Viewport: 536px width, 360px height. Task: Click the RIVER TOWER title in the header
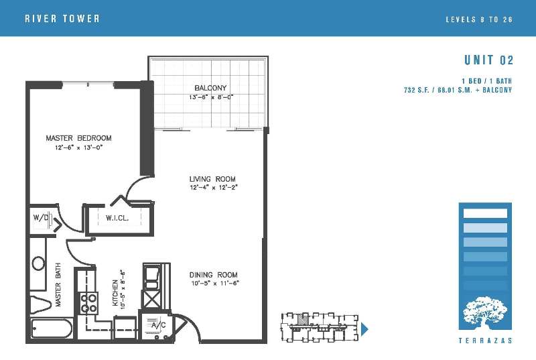[62, 19]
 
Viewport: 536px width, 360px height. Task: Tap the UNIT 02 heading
[489, 60]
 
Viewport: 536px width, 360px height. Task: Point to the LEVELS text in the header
[461, 19]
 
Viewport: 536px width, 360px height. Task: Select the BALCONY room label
[210, 88]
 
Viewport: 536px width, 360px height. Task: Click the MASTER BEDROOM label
[78, 138]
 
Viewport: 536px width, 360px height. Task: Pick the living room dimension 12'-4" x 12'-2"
[214, 187]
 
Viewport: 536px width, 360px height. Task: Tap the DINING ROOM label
[213, 275]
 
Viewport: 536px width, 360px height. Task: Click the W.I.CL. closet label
[117, 218]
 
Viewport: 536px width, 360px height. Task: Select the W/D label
[40, 217]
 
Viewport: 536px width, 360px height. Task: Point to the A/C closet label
[158, 324]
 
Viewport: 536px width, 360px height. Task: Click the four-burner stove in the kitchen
[89, 304]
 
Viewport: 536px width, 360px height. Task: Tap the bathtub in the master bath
[52, 328]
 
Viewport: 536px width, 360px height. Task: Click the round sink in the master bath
[38, 263]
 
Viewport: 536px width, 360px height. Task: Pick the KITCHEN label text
[115, 293]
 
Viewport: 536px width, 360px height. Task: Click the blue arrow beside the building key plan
[364, 329]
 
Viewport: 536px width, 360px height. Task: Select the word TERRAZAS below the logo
[485, 341]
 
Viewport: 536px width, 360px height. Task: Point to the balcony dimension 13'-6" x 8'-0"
[211, 97]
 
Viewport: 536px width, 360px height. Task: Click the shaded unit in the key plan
[301, 320]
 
